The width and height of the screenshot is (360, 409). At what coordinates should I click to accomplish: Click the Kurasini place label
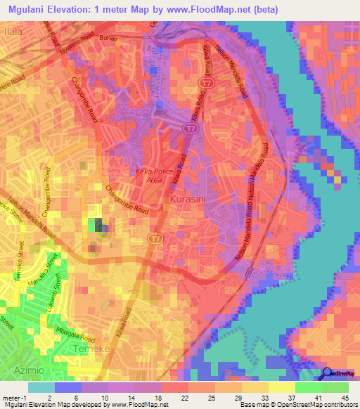pyautogui.click(x=188, y=200)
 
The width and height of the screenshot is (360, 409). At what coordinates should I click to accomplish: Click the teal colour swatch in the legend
pyautogui.click(x=41, y=387)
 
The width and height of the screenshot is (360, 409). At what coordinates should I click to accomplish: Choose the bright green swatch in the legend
pyautogui.click(x=335, y=387)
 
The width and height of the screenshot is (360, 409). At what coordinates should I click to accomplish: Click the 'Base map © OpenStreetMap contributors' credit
pyautogui.click(x=299, y=405)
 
